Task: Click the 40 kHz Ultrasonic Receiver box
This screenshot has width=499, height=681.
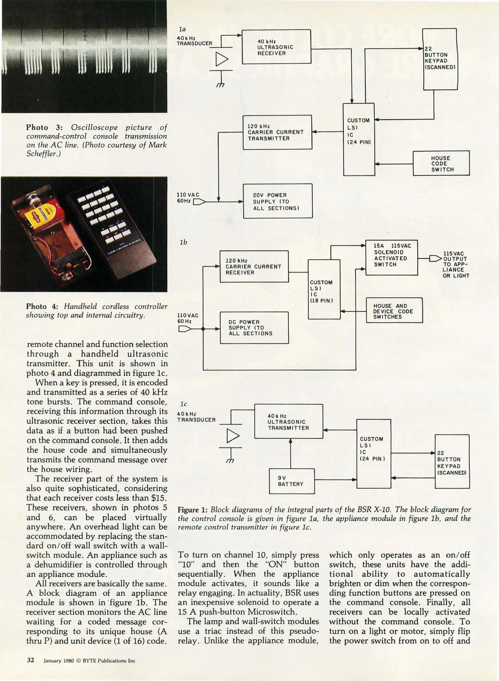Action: (x=276, y=47)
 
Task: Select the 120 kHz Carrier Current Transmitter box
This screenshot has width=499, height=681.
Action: (x=277, y=132)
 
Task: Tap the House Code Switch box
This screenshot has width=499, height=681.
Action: (x=441, y=163)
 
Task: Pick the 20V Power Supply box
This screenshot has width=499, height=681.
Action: (x=278, y=201)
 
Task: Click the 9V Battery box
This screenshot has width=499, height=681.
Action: (x=291, y=481)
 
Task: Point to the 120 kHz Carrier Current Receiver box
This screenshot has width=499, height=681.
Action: (x=254, y=266)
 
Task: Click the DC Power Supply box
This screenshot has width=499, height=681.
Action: (x=254, y=328)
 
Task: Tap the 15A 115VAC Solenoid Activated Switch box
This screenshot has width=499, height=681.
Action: (x=391, y=258)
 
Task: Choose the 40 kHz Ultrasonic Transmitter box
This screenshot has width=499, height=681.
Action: (x=288, y=422)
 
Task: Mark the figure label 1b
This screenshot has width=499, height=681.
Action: (x=183, y=242)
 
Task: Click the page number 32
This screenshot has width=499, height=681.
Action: (x=30, y=660)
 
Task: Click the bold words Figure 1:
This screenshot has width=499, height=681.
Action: (x=192, y=510)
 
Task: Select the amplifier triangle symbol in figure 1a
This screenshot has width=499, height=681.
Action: (x=222, y=59)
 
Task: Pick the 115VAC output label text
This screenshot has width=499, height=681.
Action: (x=456, y=264)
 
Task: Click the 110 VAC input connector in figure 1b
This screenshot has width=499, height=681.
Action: (x=185, y=329)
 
